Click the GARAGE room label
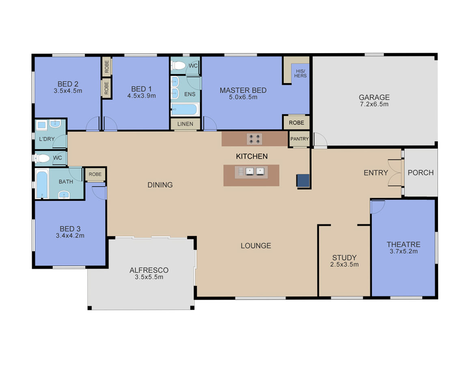coord(374,97)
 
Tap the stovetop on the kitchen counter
coord(254,139)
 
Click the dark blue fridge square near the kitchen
coord(303,181)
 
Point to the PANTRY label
coord(300,139)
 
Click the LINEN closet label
coord(185,124)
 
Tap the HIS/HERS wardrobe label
coord(300,73)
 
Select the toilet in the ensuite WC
coord(178,65)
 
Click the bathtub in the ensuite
coord(185,109)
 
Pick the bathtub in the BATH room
coord(42,183)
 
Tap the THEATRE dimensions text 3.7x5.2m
coord(403,251)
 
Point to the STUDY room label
coord(345,258)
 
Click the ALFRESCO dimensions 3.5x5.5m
coord(149,277)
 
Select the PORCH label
coord(420,173)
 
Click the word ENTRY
coord(376,173)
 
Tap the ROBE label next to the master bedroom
coord(296,123)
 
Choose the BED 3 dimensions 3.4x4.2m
coord(70,236)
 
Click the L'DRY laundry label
coord(47,139)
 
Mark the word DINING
coord(160,185)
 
